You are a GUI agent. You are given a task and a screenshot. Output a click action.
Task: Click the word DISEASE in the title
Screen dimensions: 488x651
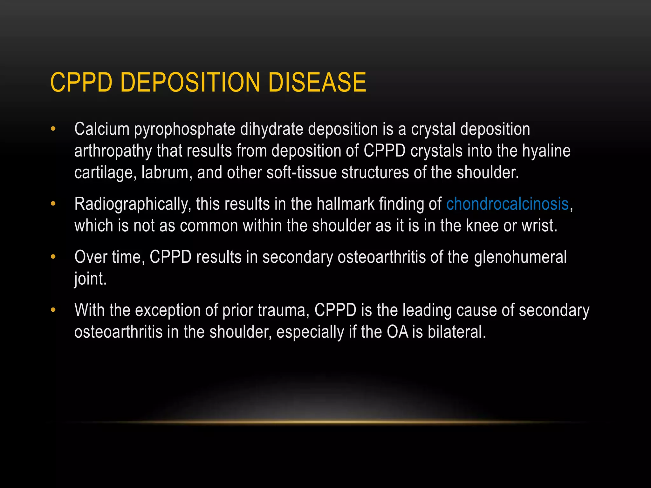coord(317,82)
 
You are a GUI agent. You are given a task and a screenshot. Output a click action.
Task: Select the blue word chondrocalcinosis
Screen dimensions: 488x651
coord(507,204)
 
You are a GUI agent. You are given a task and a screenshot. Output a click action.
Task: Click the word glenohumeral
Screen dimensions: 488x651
coord(520,257)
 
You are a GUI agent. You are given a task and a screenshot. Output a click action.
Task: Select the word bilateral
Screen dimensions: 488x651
coord(456,332)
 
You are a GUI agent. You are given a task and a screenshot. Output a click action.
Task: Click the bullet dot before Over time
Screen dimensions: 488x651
coord(53,257)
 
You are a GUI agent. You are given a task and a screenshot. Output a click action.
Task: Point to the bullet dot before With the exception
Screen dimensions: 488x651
coord(53,310)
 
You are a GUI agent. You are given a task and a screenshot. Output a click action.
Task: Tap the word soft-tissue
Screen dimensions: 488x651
coord(302,173)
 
